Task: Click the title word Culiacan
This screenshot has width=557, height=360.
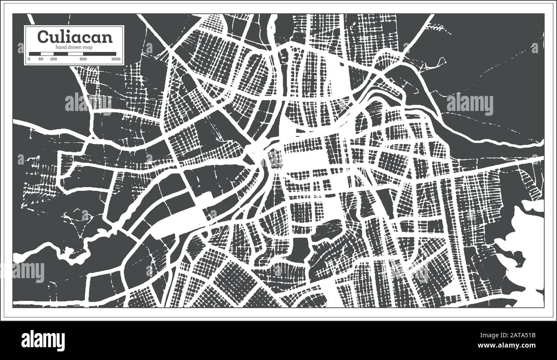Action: click(75, 37)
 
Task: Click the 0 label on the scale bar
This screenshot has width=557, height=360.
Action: click(30, 59)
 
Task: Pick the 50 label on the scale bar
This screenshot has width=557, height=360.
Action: click(41, 59)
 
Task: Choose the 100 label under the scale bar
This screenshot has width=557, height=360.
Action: click(54, 59)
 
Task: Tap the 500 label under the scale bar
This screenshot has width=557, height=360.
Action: click(83, 59)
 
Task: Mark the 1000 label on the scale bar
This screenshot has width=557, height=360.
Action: click(115, 59)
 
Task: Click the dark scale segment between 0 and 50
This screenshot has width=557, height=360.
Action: click(35, 54)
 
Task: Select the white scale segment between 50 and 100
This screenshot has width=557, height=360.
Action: click(46, 54)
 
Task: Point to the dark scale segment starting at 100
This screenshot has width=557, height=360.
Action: click(60, 54)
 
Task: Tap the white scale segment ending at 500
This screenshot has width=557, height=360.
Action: click(75, 54)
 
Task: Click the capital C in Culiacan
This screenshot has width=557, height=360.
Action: click(43, 37)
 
